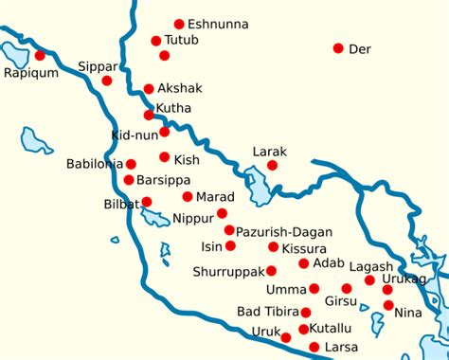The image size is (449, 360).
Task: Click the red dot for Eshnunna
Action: [179, 24]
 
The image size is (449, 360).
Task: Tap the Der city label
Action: [360, 48]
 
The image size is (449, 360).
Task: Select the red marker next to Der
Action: [338, 48]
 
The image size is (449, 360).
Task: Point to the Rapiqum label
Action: [30, 73]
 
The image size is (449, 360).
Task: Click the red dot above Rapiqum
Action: [40, 56]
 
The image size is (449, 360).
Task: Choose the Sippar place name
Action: [99, 67]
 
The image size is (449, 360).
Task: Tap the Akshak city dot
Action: [149, 89]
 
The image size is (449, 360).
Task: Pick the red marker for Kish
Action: [165, 157]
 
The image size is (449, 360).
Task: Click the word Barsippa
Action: [164, 180]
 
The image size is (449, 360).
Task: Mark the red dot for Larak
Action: [273, 166]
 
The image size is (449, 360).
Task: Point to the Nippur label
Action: [193, 218]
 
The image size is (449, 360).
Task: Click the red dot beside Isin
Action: [229, 246]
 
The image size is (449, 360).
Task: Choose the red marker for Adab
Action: [304, 263]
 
